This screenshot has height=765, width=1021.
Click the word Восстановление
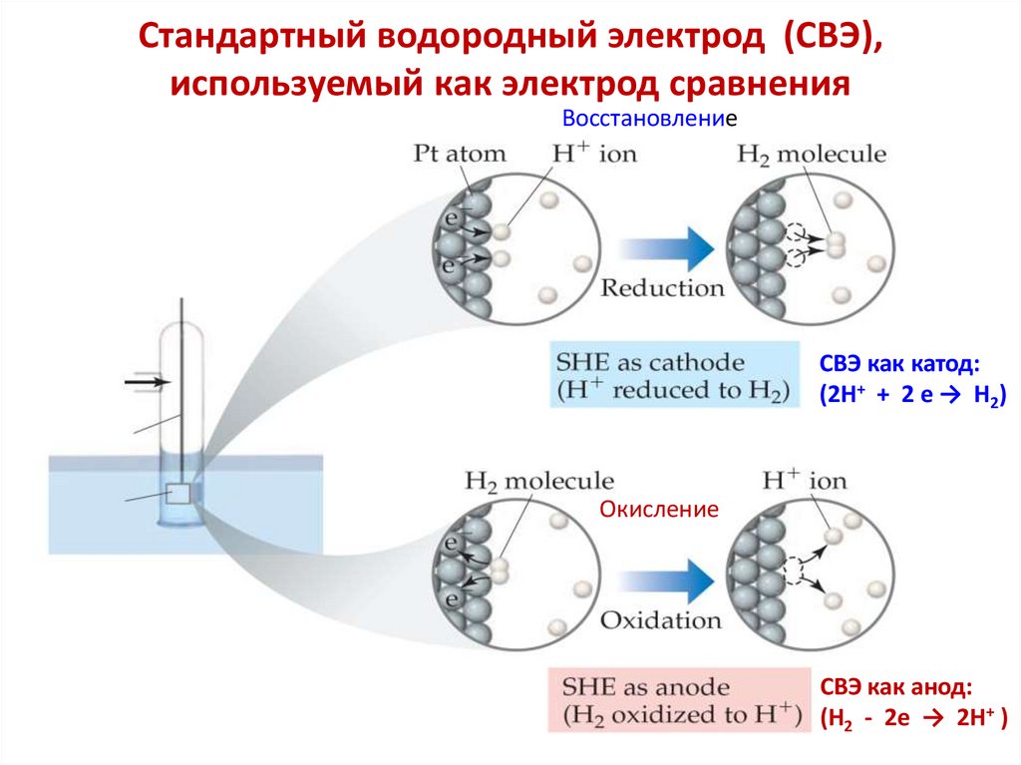pos(643,119)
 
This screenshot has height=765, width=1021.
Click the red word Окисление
pos(659,510)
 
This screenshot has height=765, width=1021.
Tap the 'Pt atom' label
pos(460,154)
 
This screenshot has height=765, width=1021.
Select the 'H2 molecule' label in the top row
pos(812,154)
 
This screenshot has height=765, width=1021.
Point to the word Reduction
pos(662,288)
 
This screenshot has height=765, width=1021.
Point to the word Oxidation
pos(660,619)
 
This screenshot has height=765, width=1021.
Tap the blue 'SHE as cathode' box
pos(674,375)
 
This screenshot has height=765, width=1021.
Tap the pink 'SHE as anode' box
pos(674,700)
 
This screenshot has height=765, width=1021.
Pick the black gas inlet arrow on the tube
pos(148,382)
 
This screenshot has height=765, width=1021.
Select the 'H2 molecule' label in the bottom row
pos(539,481)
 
